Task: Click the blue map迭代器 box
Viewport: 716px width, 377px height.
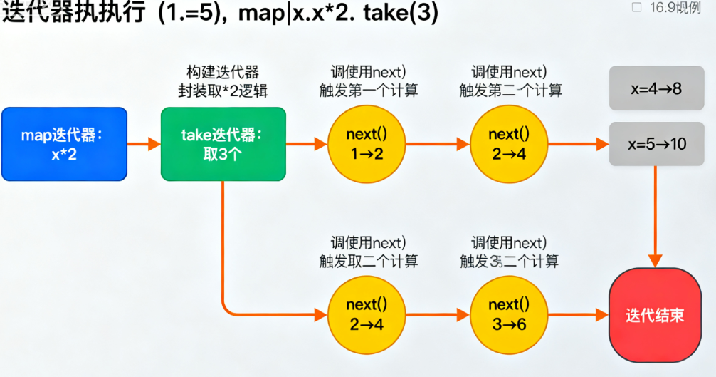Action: click(64, 144)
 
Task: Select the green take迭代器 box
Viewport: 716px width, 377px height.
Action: click(223, 144)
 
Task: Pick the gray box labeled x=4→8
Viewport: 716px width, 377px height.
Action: click(656, 89)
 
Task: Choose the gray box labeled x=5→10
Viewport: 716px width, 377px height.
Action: click(656, 144)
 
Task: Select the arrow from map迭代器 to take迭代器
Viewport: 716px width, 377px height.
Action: click(144, 144)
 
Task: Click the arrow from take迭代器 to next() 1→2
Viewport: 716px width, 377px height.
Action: click(306, 144)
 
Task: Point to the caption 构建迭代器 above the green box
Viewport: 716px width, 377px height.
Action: click(223, 72)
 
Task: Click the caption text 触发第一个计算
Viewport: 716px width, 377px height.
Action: click(368, 91)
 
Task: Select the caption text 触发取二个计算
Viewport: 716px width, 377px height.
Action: click(368, 261)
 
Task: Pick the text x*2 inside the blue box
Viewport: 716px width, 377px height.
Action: click(64, 155)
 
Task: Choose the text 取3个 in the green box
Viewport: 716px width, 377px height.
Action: click(223, 155)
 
